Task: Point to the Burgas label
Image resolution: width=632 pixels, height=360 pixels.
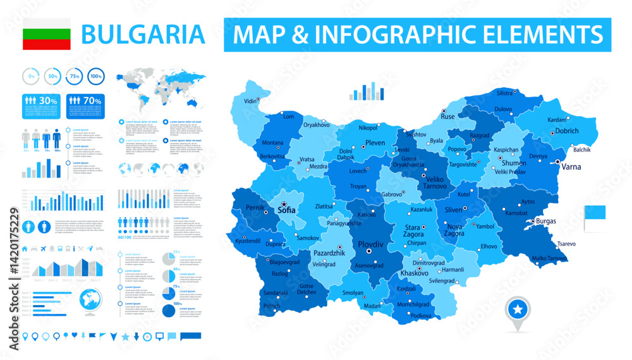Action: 545,221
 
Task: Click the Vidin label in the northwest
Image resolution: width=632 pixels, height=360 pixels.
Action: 251,101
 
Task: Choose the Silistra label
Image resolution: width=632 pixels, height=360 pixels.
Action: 504,93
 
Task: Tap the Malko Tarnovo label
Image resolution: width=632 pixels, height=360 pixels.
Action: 549,258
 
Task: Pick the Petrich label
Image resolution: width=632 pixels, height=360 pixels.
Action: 272,306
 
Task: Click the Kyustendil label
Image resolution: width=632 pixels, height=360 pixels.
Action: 248,241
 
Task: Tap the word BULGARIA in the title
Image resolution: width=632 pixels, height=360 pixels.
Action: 143,34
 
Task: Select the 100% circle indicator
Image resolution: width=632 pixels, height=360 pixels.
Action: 96,76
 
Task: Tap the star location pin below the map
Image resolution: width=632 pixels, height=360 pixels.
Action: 516,311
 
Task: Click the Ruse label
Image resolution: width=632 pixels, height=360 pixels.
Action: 448,116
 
